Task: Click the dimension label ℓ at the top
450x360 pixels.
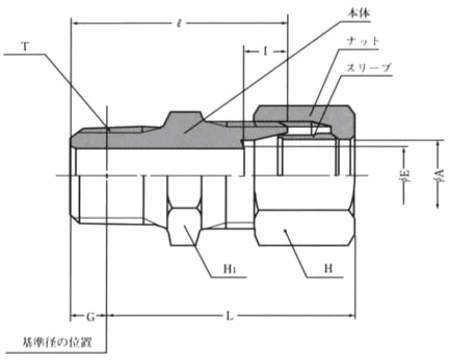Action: click(x=180, y=23)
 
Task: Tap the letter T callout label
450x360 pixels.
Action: click(x=25, y=46)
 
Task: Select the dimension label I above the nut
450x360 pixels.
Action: click(x=265, y=51)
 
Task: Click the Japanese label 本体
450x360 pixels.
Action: click(x=359, y=13)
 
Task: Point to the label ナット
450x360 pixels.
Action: click(x=363, y=41)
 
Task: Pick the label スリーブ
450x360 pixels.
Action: click(x=369, y=68)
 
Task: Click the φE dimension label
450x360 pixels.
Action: click(x=404, y=175)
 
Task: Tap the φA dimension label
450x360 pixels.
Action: click(x=439, y=174)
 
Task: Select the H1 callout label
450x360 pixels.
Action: click(x=230, y=268)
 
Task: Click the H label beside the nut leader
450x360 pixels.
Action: click(x=328, y=268)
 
